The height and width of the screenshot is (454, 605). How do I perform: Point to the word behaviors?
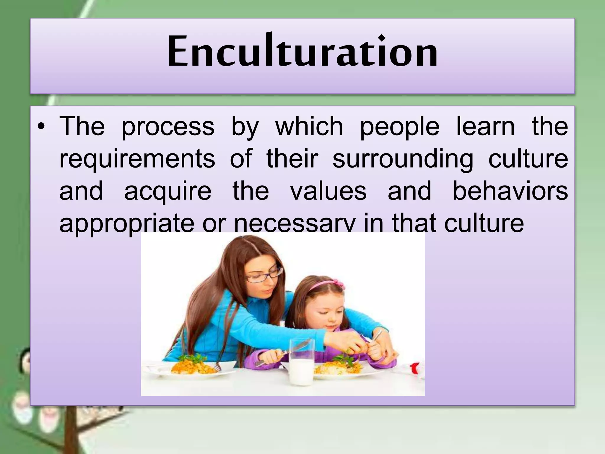point(510,191)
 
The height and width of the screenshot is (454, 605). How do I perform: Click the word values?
point(328,191)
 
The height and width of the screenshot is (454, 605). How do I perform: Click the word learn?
point(485,127)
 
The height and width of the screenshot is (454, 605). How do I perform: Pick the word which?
point(309,127)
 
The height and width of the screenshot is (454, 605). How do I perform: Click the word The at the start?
point(82,127)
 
